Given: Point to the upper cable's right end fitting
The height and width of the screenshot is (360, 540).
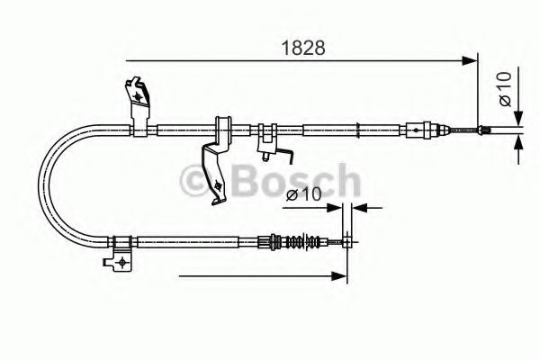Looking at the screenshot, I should tap(485, 130).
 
